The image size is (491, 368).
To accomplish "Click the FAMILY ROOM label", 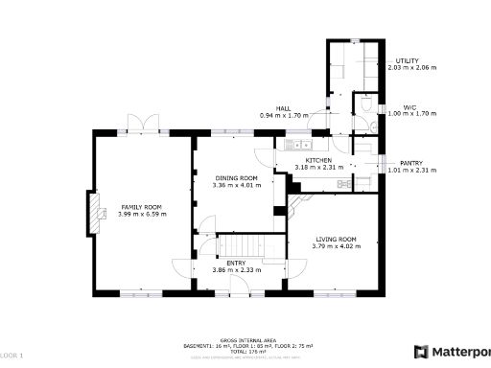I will pyautogui.click(x=140, y=207).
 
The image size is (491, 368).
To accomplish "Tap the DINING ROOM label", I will pyautogui.click(x=236, y=178).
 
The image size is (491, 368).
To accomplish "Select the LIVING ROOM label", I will pyautogui.click(x=334, y=239).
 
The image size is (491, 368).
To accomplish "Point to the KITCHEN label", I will pyautogui.click(x=318, y=160).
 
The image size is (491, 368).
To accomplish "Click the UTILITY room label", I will pyautogui.click(x=408, y=61).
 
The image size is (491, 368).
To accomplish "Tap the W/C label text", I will pyautogui.click(x=409, y=107).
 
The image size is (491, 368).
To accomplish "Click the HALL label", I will pyautogui.click(x=283, y=108).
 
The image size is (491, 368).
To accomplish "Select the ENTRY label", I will pyautogui.click(x=236, y=263).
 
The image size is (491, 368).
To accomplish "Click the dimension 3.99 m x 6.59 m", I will pyautogui.click(x=142, y=214).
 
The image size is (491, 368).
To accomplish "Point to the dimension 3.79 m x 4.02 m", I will pyautogui.click(x=334, y=246).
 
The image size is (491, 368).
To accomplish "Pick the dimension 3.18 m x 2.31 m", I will pyautogui.click(x=318, y=168).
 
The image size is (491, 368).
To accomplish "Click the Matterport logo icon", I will pyautogui.click(x=420, y=351).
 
